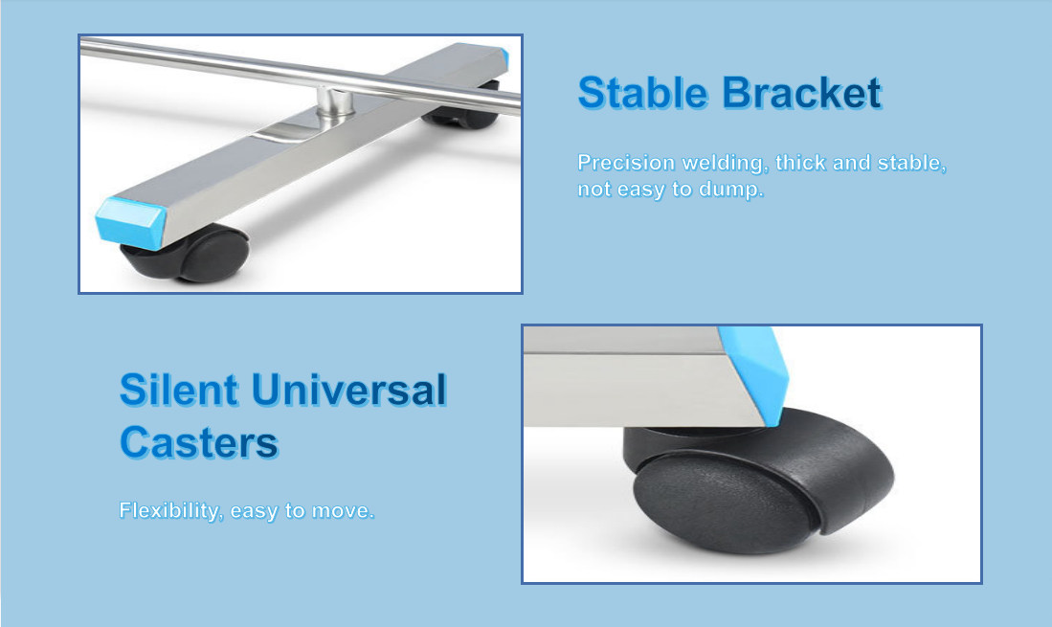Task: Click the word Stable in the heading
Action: tap(642, 93)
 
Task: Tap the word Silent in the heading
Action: tap(178, 390)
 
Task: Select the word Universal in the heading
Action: tap(348, 390)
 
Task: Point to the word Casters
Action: tap(198, 442)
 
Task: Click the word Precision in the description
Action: tap(626, 163)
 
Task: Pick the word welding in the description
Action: tap(725, 163)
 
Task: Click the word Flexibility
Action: tap(170, 511)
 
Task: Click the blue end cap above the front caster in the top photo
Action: tap(130, 223)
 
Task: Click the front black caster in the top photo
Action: tap(188, 254)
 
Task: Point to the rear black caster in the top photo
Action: tap(462, 115)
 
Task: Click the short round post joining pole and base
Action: tap(335, 106)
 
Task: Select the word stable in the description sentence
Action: tap(911, 163)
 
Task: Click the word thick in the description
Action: tap(799, 163)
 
